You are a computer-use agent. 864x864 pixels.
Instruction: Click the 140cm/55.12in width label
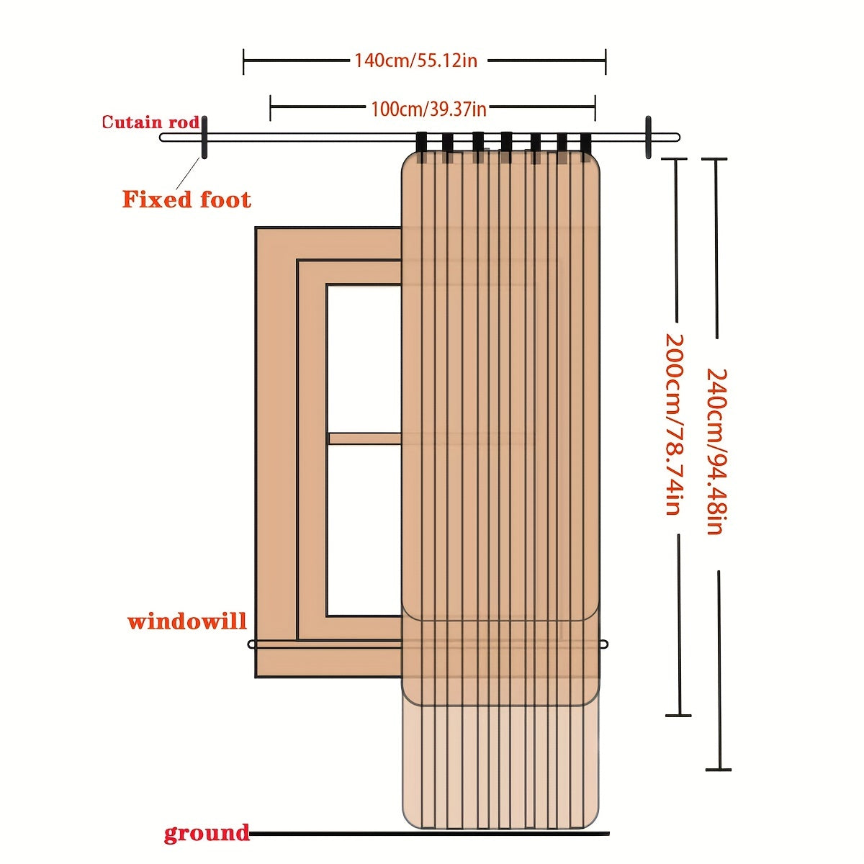(x=415, y=60)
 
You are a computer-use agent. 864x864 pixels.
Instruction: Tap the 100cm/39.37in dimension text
(x=428, y=109)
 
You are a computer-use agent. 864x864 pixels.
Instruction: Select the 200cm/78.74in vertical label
(x=671, y=424)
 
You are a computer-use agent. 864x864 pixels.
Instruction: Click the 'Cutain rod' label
(x=150, y=122)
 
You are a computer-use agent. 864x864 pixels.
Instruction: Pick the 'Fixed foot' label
(x=186, y=199)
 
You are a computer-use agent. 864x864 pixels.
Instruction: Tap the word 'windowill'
(x=187, y=621)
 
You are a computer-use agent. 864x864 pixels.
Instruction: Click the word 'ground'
(x=206, y=833)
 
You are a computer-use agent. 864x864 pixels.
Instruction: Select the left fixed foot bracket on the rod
(x=204, y=137)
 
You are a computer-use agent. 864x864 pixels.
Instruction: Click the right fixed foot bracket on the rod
(x=648, y=137)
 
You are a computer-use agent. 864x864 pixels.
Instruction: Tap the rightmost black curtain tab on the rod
(x=586, y=142)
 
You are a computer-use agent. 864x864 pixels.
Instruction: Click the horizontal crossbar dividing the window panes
(x=364, y=438)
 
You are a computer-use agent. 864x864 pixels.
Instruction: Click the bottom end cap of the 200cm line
(x=678, y=715)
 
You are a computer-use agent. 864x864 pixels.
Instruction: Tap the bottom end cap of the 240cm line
(x=719, y=770)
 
